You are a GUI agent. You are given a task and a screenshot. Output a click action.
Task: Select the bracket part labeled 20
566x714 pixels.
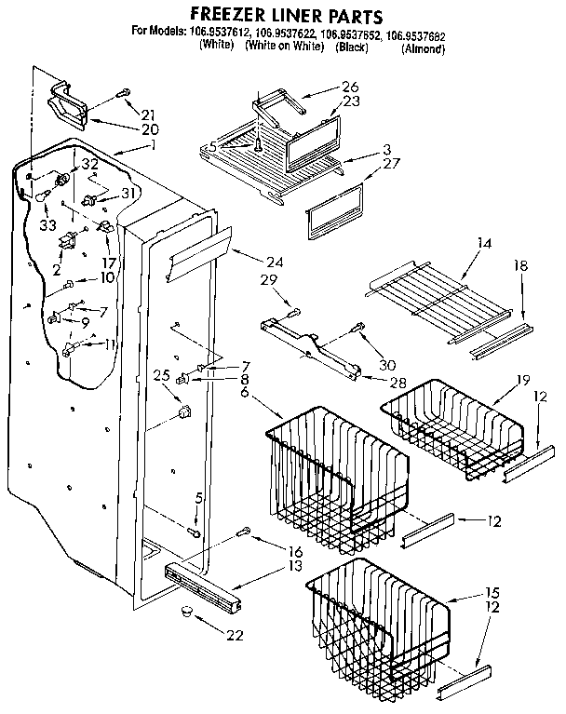(72, 102)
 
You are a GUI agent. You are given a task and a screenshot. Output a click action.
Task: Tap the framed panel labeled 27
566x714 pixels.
(333, 210)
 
